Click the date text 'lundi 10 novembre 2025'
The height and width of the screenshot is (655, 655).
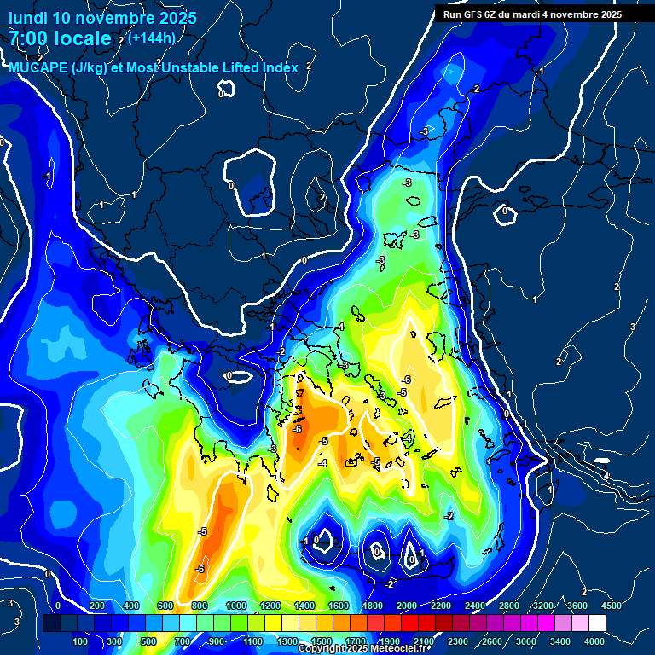(x=102, y=18)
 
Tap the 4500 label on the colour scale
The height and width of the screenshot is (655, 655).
(x=612, y=606)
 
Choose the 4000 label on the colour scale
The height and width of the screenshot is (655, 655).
(x=594, y=641)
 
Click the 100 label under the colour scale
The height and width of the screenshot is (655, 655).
(x=81, y=641)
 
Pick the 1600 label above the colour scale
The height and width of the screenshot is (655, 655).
(x=338, y=606)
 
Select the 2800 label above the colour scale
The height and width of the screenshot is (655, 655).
(x=509, y=606)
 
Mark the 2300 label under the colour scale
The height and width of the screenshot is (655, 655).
(x=459, y=641)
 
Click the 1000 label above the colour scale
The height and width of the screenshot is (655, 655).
(x=235, y=606)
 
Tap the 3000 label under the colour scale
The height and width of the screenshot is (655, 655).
(x=527, y=641)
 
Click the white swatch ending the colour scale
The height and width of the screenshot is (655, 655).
(x=596, y=623)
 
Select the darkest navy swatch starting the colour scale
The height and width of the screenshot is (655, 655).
(x=51, y=623)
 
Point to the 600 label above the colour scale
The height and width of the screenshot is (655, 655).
(x=165, y=606)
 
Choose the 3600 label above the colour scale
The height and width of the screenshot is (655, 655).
(x=577, y=606)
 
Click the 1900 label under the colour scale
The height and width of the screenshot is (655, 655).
(x=390, y=641)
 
